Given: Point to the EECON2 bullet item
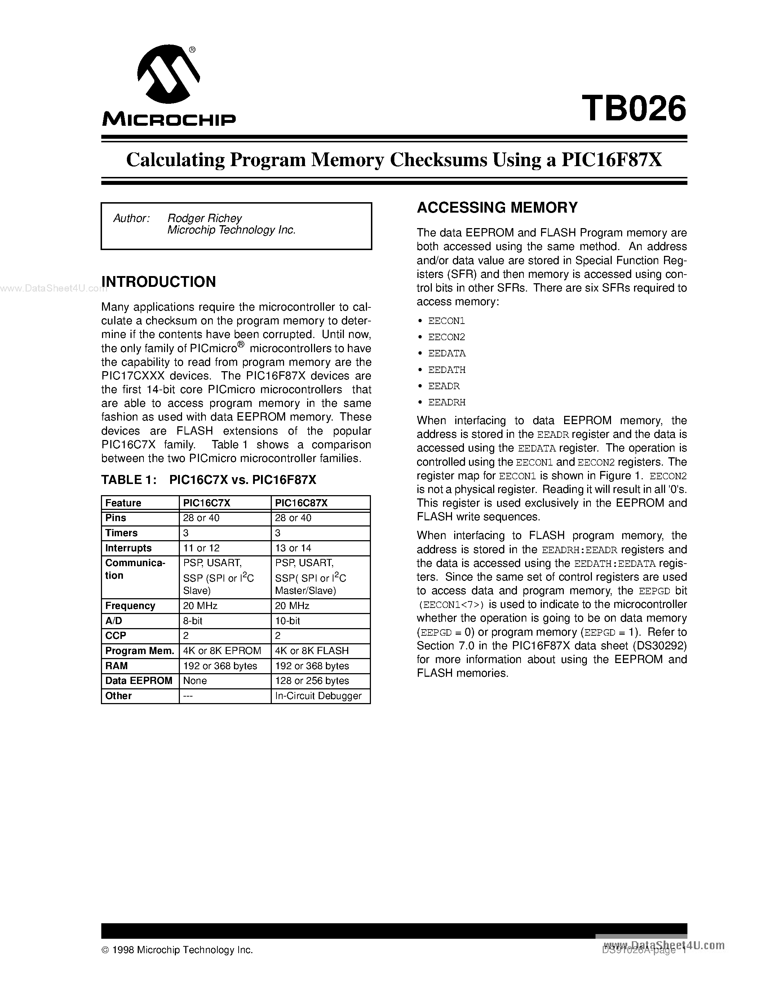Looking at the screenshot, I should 447,337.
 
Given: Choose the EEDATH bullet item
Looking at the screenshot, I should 447,370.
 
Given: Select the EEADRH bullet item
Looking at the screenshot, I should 447,403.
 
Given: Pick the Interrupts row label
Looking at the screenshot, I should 128,548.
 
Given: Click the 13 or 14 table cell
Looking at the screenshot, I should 293,548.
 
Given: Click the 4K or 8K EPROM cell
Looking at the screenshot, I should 222,651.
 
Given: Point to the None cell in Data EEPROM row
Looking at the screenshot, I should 195,681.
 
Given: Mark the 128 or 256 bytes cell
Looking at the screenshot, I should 312,681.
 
